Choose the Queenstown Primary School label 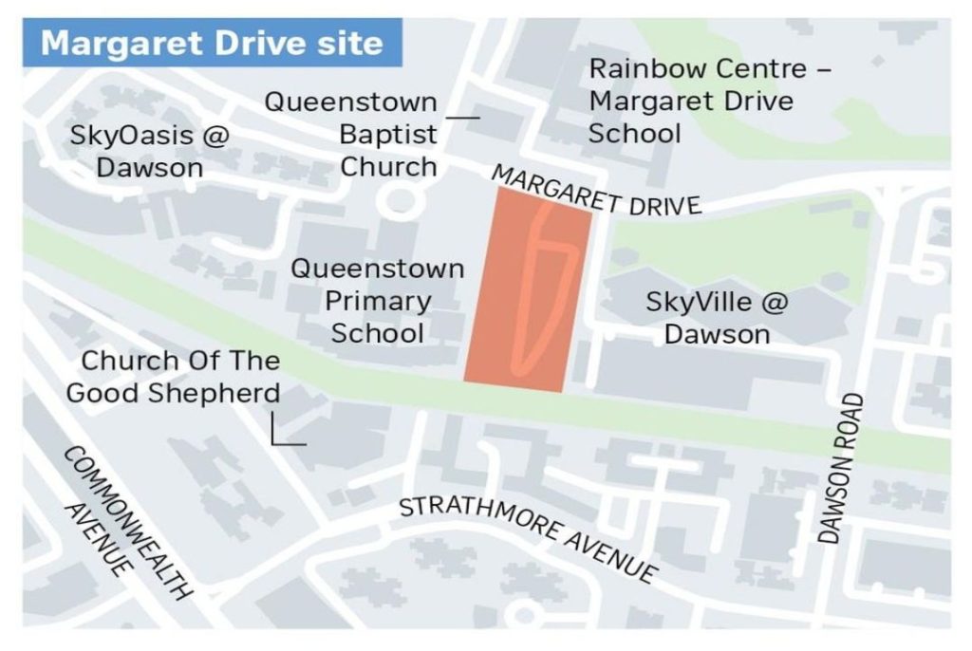[x=378, y=301]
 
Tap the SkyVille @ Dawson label [x=717, y=318]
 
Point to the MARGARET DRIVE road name [x=596, y=191]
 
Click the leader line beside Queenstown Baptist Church [x=462, y=118]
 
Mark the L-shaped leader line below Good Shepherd [x=285, y=437]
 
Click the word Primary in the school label [x=378, y=301]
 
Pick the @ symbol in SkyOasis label [x=215, y=136]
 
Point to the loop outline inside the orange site [x=547, y=285]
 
